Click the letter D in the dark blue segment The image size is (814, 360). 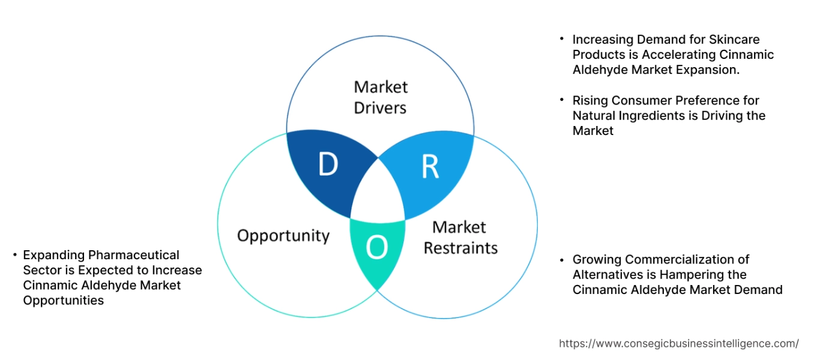coord(328,165)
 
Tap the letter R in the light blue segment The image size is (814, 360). coord(430,167)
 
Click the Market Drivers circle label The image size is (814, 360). coord(380,97)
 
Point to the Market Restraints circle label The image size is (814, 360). coord(460,238)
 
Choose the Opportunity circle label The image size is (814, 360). coord(283,235)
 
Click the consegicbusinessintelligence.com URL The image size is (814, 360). coord(678,344)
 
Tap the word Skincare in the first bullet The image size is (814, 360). coord(734,40)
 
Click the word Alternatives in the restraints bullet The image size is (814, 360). coord(607,275)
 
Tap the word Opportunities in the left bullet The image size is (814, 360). coord(63,301)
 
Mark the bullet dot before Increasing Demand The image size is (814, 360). coord(562,38)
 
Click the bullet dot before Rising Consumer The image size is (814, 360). coord(562,99)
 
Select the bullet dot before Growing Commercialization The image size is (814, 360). coord(562,259)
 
